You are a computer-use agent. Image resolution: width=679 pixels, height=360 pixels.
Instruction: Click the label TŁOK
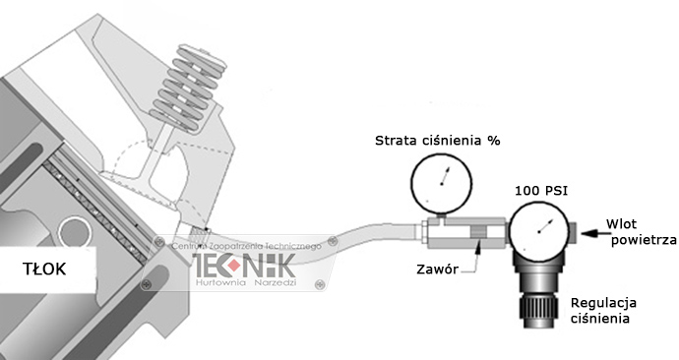[44, 269]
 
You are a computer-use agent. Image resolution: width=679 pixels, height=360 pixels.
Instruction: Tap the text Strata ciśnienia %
[438, 141]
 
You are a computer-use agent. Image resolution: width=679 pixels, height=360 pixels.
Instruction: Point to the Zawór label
[436, 270]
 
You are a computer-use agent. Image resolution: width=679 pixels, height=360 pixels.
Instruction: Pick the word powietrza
[641, 239]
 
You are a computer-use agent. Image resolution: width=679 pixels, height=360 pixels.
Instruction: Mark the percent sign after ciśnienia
[494, 141]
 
